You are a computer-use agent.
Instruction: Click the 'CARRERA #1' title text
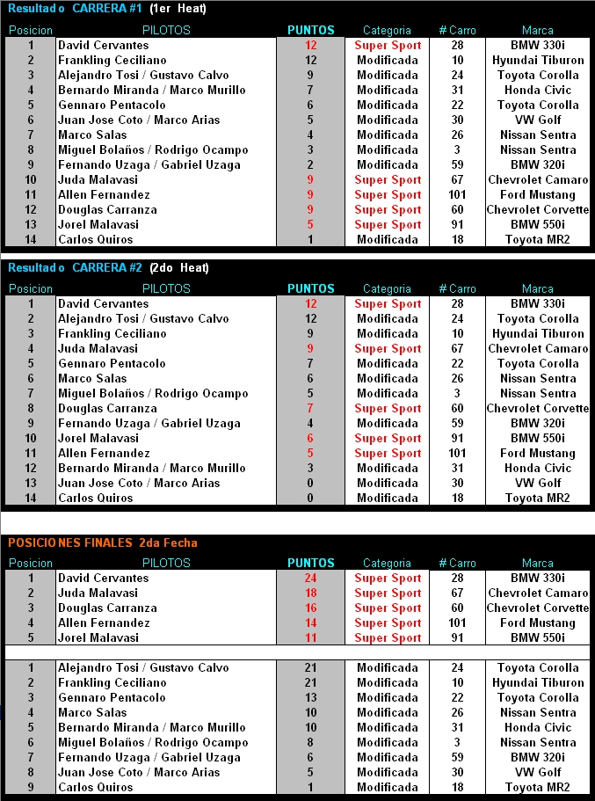[x=108, y=9]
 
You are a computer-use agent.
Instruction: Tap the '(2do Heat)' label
[x=179, y=267]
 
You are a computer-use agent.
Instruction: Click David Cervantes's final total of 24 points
[x=310, y=579]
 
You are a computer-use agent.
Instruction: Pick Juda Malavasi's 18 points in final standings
[x=310, y=593]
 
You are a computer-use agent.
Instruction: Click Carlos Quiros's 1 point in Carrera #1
[x=310, y=240]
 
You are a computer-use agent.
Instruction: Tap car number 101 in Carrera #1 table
[x=457, y=195]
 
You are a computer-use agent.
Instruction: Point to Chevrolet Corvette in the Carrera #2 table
[x=537, y=409]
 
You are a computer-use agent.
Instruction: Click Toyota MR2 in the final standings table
[x=537, y=788]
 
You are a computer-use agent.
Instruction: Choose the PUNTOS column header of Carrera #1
[x=310, y=30]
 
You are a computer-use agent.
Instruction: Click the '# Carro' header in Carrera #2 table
[x=457, y=288]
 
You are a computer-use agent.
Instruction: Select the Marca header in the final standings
[x=537, y=563]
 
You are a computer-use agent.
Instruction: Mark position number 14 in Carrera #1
[x=31, y=240]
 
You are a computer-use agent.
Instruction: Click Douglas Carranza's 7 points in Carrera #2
[x=310, y=409]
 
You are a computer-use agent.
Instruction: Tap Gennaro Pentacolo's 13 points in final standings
[x=310, y=698]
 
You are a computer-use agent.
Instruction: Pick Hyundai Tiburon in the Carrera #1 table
[x=537, y=61]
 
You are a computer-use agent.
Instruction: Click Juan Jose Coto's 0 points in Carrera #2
[x=310, y=484]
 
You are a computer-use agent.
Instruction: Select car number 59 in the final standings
[x=457, y=758]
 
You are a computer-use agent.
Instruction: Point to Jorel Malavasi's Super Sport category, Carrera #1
[x=388, y=225]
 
